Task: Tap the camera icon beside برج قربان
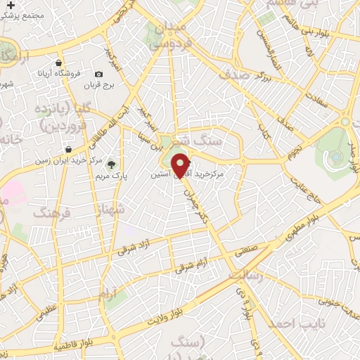click(98, 75)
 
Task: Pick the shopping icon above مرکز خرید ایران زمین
click(67, 149)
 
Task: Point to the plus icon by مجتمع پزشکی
click(10, 6)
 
